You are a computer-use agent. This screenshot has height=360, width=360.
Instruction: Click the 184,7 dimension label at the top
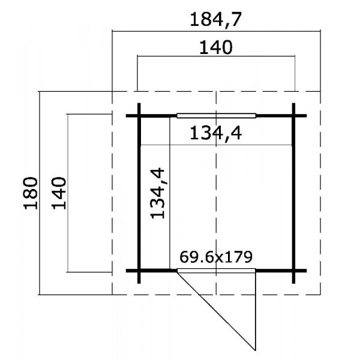pyautogui.click(x=216, y=20)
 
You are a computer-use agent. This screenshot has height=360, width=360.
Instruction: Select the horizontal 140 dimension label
pyautogui.click(x=216, y=47)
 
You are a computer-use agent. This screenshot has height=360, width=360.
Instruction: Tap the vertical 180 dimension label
pyautogui.click(x=31, y=193)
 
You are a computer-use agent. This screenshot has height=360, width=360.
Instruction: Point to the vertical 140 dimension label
pyautogui.click(x=59, y=193)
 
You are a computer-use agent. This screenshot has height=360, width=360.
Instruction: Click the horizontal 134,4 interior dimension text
pyautogui.click(x=216, y=134)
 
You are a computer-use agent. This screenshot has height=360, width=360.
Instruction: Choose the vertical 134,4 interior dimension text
pyautogui.click(x=157, y=193)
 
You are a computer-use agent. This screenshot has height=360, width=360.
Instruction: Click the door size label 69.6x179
pyautogui.click(x=216, y=257)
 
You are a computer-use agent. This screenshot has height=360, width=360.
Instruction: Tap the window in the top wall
pyautogui.click(x=216, y=115)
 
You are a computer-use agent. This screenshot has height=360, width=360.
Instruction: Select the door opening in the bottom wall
pyautogui.click(x=216, y=271)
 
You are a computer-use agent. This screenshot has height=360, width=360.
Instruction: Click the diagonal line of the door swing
pyautogui.click(x=216, y=310)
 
